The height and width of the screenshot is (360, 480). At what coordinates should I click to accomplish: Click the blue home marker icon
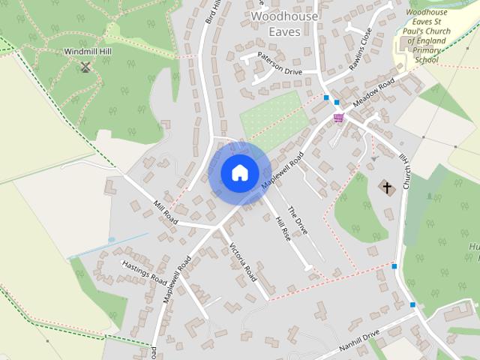238,172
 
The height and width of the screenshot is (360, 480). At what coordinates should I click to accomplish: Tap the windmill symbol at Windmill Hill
85,67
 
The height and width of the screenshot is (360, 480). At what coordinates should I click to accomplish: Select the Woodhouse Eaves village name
284,24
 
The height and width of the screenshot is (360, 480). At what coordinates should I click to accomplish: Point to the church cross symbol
388,187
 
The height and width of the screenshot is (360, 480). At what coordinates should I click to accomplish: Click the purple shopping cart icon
339,118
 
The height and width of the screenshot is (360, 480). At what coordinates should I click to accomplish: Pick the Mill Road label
165,212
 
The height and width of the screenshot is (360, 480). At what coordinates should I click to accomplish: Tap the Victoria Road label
244,262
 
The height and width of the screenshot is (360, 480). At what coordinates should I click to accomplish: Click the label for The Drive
297,220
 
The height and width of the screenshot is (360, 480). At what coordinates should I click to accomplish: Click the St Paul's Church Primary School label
425,36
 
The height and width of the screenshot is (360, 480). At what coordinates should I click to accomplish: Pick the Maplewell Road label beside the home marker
283,170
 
